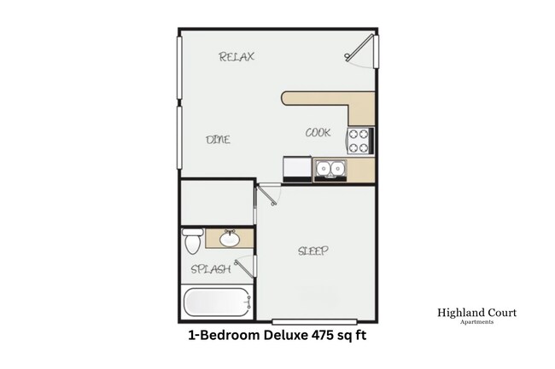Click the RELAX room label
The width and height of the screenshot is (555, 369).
point(237,57)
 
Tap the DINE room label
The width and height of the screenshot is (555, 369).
point(219,139)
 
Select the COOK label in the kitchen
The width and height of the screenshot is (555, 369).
point(318,132)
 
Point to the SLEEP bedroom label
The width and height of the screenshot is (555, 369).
point(313,251)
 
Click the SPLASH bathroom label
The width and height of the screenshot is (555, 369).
point(209,269)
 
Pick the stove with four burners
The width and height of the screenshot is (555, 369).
point(359,141)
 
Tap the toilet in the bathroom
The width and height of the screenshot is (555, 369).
point(192,241)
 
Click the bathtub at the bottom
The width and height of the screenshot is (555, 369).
point(217,302)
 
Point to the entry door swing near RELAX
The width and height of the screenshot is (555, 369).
point(359,50)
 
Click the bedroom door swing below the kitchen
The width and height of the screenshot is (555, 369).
point(270,196)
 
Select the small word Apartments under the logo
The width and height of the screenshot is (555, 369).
point(476,323)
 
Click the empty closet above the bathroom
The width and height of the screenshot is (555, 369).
point(216,203)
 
